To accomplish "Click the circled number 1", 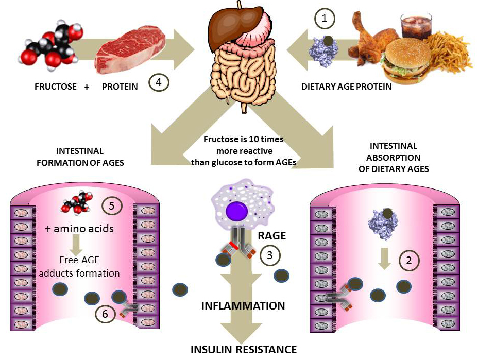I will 325,20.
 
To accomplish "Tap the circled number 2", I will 409,261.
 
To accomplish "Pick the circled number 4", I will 159,82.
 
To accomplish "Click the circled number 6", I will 105,315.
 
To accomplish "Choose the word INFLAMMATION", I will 243,306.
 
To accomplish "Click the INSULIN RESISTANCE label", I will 244,350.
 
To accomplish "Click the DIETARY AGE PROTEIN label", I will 346,87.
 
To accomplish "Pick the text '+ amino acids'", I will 79,228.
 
